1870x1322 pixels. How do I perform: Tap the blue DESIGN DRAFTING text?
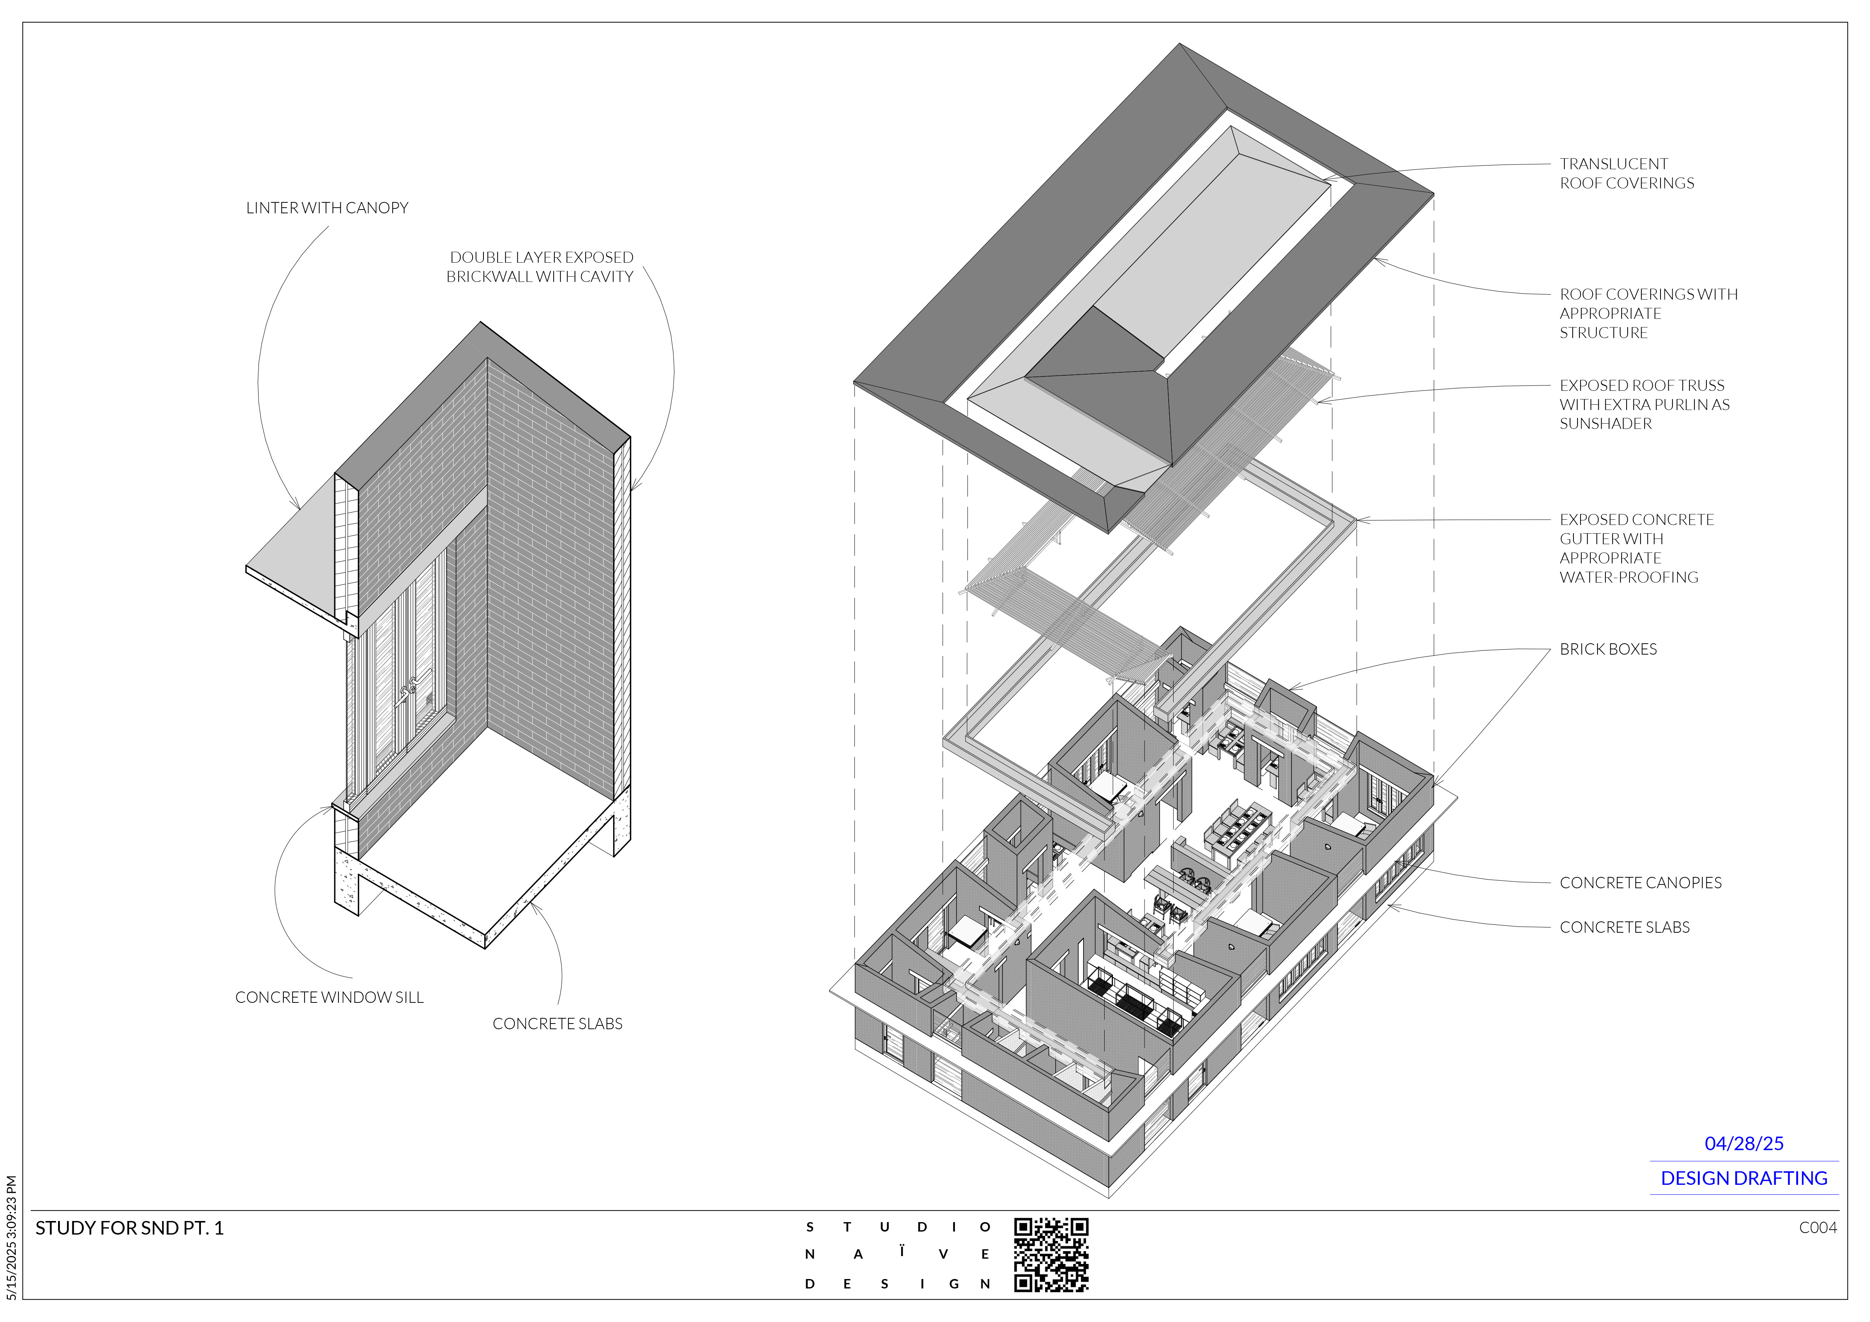pos(1744,1179)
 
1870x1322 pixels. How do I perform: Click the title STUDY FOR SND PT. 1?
pos(130,1228)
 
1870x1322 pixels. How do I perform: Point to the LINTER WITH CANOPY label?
pos(327,208)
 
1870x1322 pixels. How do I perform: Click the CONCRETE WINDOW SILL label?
pos(329,998)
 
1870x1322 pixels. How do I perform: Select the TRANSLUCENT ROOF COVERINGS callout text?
pos(1627,173)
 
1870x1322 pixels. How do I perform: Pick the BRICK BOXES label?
pos(1608,650)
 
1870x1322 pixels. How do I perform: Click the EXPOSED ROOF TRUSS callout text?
pos(1644,405)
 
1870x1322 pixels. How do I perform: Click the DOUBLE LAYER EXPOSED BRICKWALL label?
pos(540,267)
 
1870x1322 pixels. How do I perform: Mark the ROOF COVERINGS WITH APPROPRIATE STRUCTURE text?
pos(1648,314)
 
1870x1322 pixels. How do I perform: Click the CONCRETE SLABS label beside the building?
pos(1624,928)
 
